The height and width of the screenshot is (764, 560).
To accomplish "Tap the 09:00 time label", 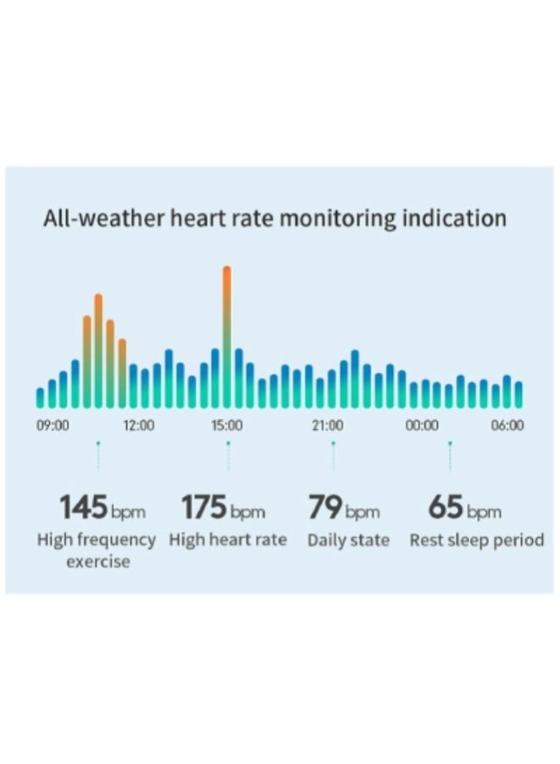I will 53,425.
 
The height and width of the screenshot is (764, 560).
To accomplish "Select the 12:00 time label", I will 138,425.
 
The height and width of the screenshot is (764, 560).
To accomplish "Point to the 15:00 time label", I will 227,425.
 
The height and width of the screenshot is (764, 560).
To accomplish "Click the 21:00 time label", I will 327,425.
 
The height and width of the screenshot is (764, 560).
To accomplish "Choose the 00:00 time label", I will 422,425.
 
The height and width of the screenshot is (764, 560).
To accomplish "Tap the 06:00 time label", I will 507,425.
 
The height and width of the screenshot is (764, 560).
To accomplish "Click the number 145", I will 83,508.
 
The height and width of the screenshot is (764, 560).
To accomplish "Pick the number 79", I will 324,508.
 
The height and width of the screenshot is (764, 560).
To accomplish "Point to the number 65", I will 445,508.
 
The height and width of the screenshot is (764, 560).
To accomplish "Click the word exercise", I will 98,561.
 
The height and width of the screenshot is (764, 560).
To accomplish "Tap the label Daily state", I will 348,540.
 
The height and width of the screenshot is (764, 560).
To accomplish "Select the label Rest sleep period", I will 477,540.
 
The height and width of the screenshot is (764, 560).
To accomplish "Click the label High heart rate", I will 227,540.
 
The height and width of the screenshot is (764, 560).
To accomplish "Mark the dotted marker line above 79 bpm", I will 333,457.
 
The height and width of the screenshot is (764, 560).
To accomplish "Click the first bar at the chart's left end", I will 40,397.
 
